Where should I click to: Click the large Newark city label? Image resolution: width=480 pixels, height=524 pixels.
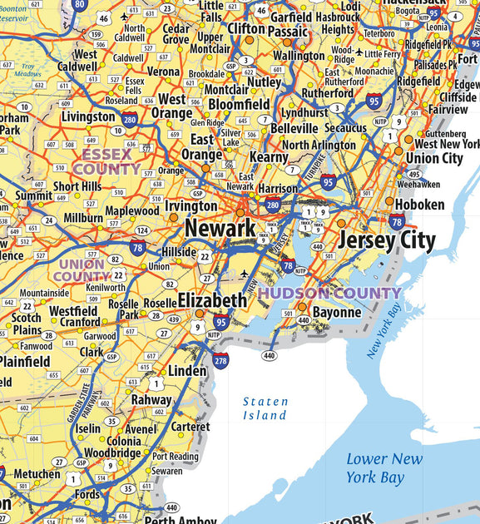(220, 227)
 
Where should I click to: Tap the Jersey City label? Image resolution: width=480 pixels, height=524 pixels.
(386, 241)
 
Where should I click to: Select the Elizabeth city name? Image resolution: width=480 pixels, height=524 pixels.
(212, 300)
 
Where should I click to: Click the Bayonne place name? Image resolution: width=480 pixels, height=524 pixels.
(337, 313)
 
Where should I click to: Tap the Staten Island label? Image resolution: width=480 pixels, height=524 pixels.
(265, 408)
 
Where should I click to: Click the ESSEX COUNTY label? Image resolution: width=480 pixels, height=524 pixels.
(106, 161)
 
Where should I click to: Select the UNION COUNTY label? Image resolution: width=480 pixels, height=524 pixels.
(82, 270)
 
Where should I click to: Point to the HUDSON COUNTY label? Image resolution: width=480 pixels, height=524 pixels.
(329, 293)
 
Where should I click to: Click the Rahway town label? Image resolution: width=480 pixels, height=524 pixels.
(151, 400)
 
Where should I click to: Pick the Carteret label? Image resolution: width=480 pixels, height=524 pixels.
(190, 427)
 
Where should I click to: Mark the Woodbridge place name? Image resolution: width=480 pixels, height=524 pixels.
(112, 453)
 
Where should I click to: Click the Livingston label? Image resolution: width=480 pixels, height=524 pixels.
(88, 117)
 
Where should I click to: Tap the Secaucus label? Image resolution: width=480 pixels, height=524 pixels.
(345, 129)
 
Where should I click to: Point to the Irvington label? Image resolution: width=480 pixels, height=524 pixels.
(191, 205)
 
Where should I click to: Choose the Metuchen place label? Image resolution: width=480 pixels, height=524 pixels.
(37, 475)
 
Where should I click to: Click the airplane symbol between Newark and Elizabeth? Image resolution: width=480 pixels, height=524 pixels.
(244, 274)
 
